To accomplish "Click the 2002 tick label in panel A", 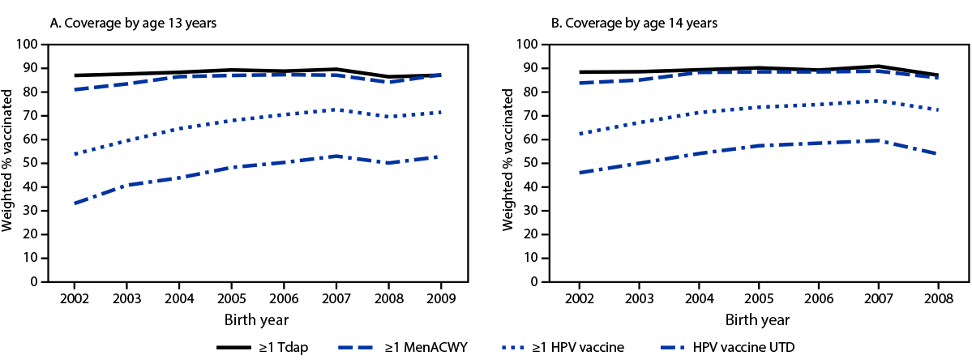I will (75, 298).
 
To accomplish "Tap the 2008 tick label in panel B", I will (938, 298).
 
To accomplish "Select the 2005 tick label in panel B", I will (758, 298).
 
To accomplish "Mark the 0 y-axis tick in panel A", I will (38, 282).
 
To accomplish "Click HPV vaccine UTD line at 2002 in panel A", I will (75, 204).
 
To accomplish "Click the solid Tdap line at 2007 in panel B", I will (879, 66).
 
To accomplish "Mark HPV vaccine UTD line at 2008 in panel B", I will (938, 154).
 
